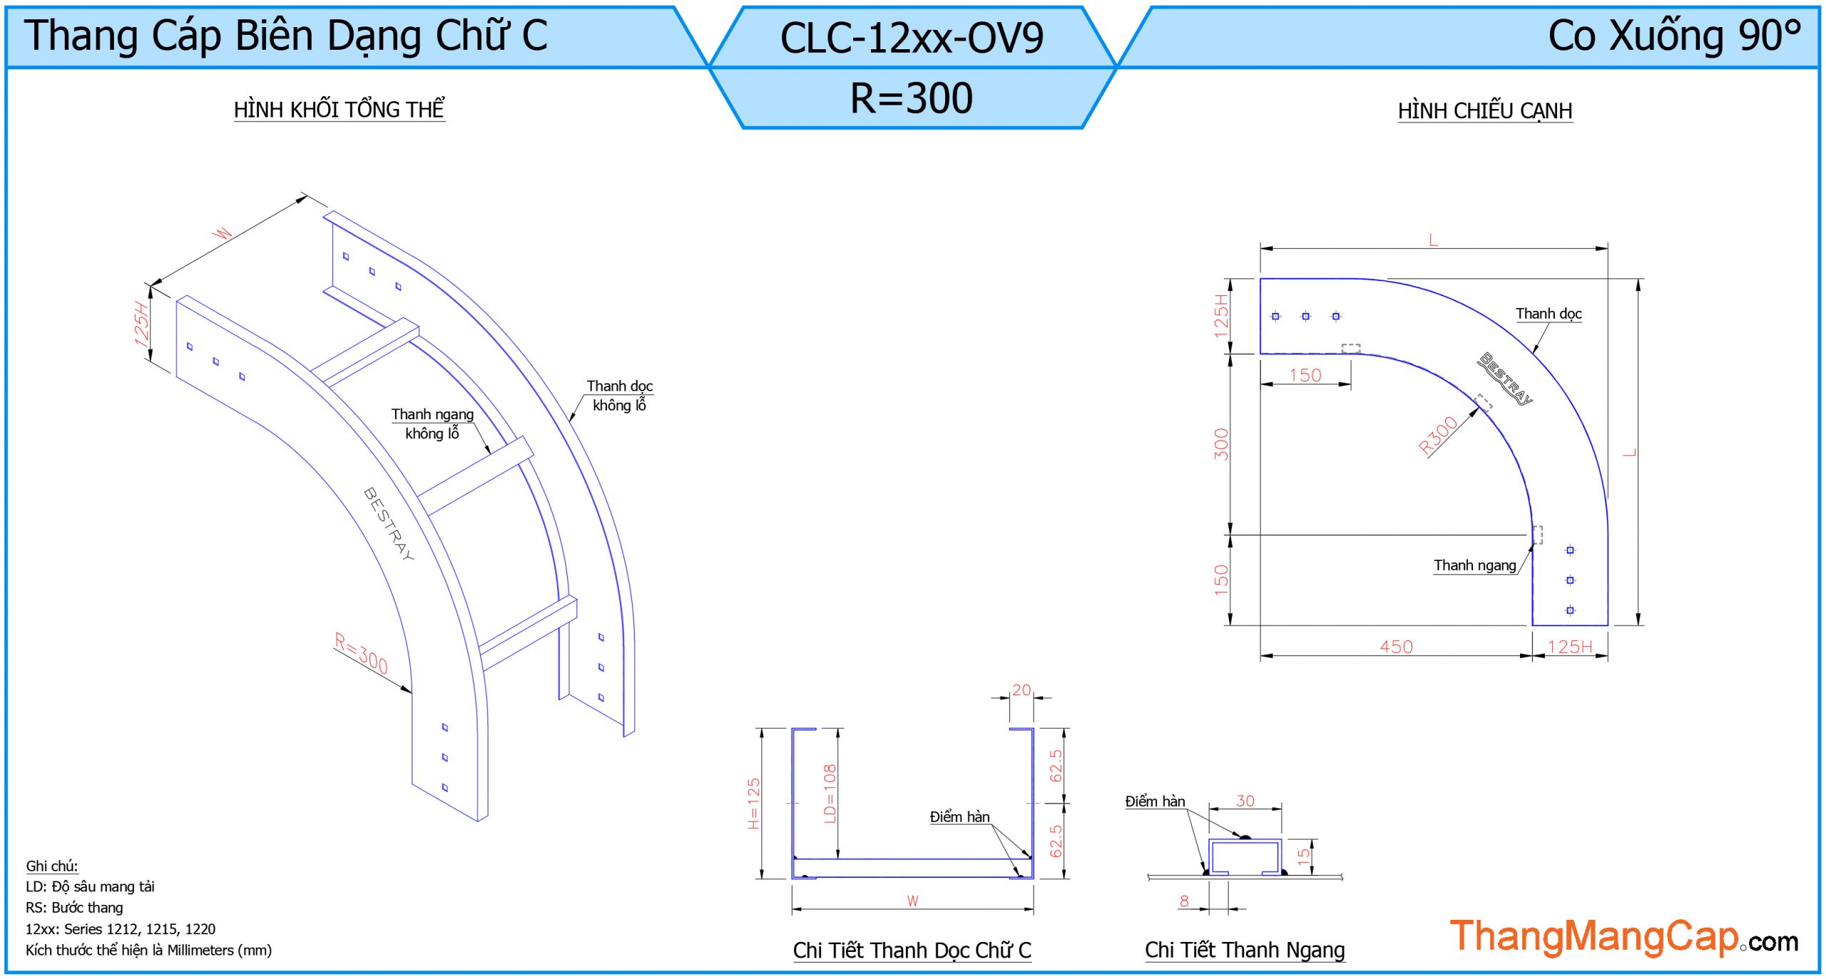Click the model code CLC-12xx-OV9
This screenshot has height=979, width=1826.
911,38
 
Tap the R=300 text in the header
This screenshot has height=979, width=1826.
911,98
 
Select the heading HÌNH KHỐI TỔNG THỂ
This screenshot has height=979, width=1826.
339,110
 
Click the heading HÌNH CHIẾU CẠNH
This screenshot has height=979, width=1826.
1484,111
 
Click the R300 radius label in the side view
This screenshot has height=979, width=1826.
1437,436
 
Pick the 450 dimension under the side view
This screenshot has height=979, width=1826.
1395,647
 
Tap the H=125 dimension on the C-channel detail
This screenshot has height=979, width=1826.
753,803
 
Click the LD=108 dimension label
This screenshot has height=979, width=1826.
830,794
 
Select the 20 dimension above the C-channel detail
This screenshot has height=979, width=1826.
1021,690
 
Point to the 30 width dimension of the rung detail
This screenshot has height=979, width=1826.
1245,801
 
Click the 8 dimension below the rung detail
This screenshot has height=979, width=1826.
1184,901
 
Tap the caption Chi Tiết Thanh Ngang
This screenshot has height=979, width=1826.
1245,950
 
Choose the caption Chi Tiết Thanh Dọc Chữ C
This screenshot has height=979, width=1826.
912,950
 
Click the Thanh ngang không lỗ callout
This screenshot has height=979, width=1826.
432,424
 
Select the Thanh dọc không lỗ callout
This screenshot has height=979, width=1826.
619,395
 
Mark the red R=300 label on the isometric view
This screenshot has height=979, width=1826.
361,652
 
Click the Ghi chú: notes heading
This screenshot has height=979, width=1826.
52,866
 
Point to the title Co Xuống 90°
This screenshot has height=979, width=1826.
1673,35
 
